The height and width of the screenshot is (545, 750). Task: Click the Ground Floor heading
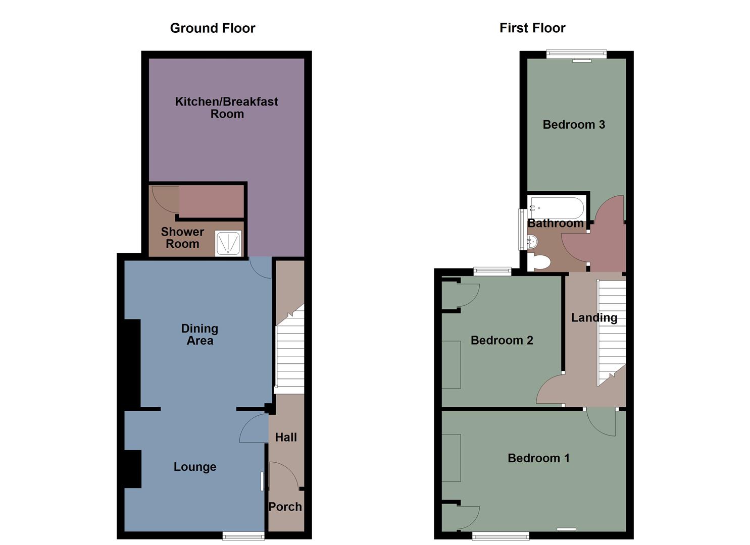tap(213, 28)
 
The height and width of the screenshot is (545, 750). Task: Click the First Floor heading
tap(532, 28)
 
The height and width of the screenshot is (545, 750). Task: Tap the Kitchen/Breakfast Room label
tap(227, 107)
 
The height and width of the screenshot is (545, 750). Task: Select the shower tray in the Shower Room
tap(228, 243)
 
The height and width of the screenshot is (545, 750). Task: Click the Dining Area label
tap(199, 335)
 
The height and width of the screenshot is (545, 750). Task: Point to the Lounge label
tap(195, 467)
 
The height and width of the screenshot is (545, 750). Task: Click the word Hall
tap(286, 438)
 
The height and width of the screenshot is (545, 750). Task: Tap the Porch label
tap(285, 507)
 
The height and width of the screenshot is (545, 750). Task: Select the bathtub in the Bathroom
tap(556, 207)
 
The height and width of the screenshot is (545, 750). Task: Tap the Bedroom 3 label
tap(574, 125)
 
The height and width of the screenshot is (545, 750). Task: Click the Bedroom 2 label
tap(502, 340)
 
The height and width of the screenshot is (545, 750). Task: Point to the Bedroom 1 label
tap(538, 458)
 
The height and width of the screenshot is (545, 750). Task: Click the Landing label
tap(594, 317)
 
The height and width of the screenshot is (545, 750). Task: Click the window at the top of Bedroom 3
tap(576, 54)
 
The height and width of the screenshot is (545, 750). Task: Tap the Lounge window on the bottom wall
tap(243, 535)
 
